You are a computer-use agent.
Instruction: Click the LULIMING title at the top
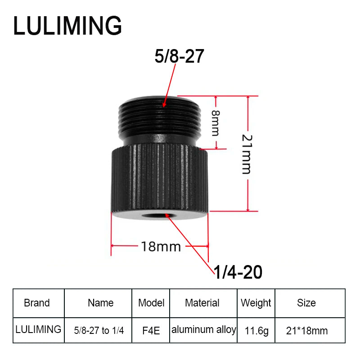[x=67, y=26]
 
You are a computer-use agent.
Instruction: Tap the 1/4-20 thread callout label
[x=237, y=272]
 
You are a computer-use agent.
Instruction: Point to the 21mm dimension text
[x=246, y=153]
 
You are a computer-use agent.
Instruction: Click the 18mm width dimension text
[x=161, y=247]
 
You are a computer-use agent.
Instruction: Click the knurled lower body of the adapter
[x=160, y=180]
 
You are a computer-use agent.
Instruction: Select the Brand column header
[x=37, y=303]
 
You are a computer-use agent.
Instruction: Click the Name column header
[x=101, y=303]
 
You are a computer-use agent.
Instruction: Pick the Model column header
[x=151, y=303]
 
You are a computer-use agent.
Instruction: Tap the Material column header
[x=202, y=303]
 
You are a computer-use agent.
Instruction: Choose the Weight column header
[x=256, y=303]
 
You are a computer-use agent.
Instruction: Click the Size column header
[x=306, y=303]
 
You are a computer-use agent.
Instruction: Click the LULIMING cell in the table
[x=38, y=329]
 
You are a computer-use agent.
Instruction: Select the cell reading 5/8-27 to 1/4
[x=99, y=331]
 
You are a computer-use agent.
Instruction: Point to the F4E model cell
[x=151, y=331]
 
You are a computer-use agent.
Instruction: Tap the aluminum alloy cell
[x=204, y=329]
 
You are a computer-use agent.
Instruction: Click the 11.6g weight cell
[x=256, y=331]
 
